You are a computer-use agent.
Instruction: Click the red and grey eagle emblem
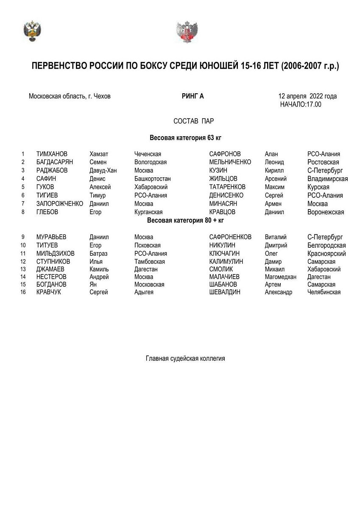point(187,32)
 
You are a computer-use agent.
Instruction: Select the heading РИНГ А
point(193,96)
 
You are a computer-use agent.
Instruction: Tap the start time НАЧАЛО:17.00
point(301,104)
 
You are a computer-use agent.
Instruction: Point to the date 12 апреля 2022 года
point(307,96)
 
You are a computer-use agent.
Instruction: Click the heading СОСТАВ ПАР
point(193,121)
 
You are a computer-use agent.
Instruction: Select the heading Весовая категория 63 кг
point(185,138)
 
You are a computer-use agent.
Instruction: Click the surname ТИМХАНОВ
point(52,154)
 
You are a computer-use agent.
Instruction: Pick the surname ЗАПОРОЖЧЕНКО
point(60,204)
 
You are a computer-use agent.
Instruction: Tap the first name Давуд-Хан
point(103,171)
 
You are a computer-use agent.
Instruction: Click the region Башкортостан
point(152,179)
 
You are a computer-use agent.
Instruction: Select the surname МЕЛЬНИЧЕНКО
point(230,162)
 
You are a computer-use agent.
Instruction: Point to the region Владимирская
point(327,179)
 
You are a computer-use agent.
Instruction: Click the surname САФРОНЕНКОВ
point(230,237)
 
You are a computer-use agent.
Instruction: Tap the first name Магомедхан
point(280,277)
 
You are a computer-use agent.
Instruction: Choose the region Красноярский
point(327,254)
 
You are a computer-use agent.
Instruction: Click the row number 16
point(23,292)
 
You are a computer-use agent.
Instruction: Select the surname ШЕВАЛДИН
point(225,292)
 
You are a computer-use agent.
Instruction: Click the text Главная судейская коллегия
point(185,359)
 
